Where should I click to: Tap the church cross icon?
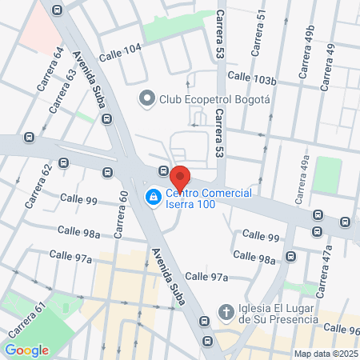[x=226, y=311]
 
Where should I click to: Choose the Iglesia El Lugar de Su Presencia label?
[x=282, y=312]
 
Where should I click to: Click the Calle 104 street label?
[x=120, y=50]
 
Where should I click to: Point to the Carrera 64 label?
[x=47, y=69]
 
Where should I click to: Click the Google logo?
[x=26, y=350]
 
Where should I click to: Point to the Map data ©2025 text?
[x=325, y=354]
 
